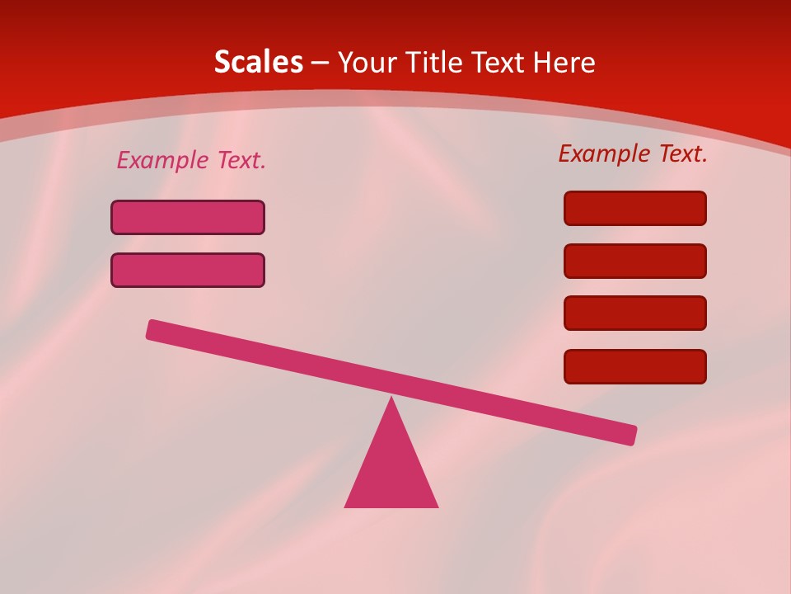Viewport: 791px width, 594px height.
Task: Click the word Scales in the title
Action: pos(258,63)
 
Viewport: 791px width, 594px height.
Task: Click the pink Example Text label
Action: pos(191,161)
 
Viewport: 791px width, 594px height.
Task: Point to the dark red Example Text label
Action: pos(633,153)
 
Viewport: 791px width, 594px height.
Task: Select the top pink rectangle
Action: pos(188,217)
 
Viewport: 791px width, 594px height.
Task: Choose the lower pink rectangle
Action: pos(188,270)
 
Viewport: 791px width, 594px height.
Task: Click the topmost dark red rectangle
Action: pos(635,208)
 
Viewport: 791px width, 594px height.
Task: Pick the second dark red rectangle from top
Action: pos(635,261)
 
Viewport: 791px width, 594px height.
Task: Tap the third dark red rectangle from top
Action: pos(635,313)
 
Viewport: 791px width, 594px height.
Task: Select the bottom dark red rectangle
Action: pos(635,366)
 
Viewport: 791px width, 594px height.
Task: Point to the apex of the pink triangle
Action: pos(391,401)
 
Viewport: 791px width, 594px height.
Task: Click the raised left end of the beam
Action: pos(155,330)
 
